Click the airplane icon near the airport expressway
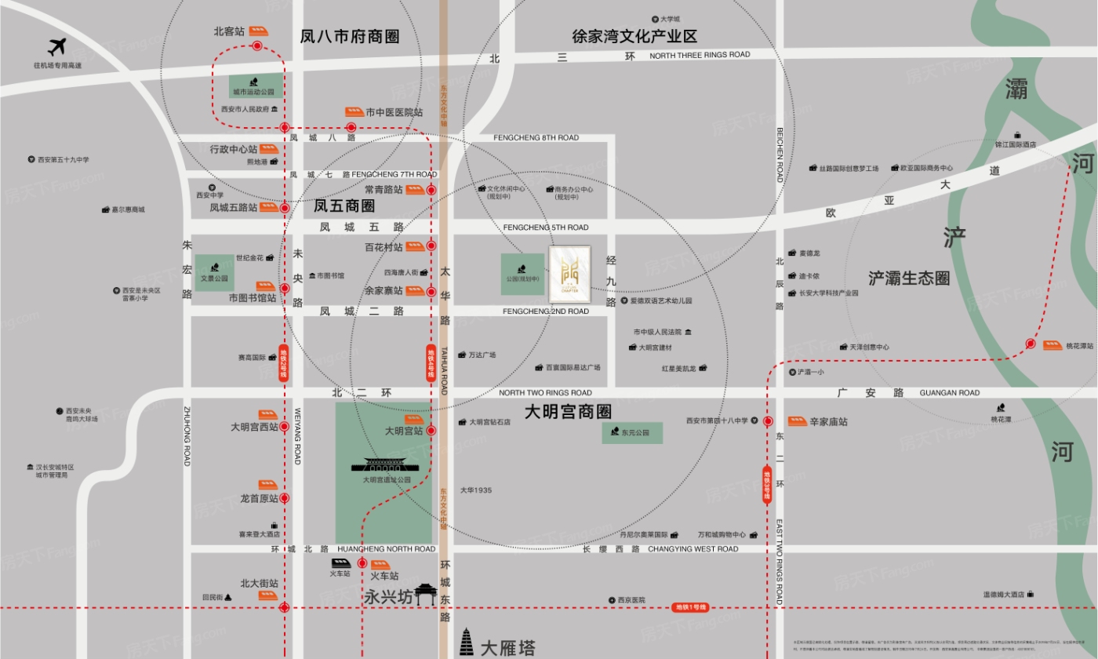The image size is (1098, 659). [56, 47]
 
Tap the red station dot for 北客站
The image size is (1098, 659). [257, 46]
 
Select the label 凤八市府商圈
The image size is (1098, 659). [350, 36]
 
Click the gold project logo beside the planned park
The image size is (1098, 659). [569, 273]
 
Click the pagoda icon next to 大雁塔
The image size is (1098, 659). [467, 643]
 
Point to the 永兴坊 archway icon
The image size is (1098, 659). [426, 594]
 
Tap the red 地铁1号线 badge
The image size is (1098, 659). [690, 607]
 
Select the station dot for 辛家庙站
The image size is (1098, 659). [768, 421]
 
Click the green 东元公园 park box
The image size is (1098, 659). [632, 432]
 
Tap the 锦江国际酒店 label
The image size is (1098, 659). [1016, 144]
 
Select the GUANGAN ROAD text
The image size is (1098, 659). [949, 392]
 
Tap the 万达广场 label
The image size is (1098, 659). [482, 355]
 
